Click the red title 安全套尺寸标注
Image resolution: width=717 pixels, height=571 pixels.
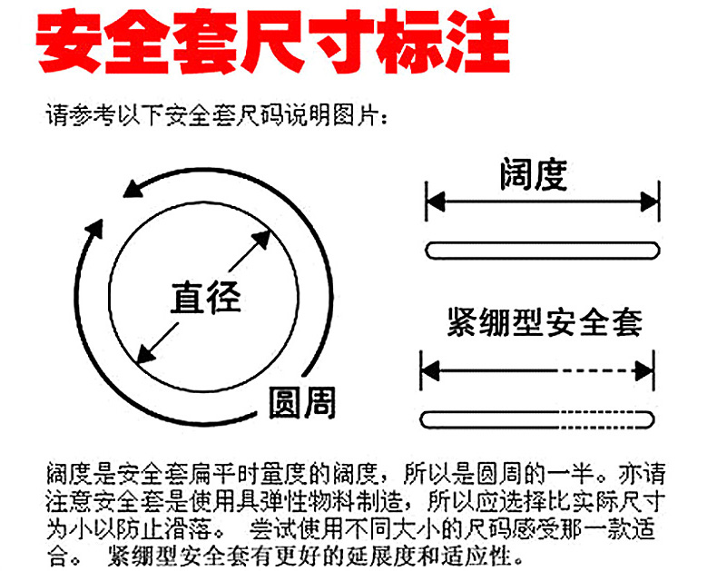273,42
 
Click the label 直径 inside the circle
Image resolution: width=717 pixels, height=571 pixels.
206,298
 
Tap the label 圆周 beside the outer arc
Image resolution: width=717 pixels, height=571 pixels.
302,403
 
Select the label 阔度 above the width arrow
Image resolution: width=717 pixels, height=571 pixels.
534,174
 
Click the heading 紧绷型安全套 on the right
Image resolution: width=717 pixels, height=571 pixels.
545,322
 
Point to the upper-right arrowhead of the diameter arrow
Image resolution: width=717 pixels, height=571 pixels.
262,239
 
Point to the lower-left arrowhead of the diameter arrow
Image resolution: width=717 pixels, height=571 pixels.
146,354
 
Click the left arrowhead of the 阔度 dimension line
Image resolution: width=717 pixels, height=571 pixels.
435,202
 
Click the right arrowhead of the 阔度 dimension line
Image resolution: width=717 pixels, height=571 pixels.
649,202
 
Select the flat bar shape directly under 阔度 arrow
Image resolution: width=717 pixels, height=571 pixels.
543,251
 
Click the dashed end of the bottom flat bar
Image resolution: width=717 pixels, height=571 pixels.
607,419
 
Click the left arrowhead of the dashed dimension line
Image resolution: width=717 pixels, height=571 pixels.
430,370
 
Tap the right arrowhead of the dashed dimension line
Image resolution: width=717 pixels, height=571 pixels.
644,370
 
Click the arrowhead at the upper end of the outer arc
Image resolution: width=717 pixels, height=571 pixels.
133,189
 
